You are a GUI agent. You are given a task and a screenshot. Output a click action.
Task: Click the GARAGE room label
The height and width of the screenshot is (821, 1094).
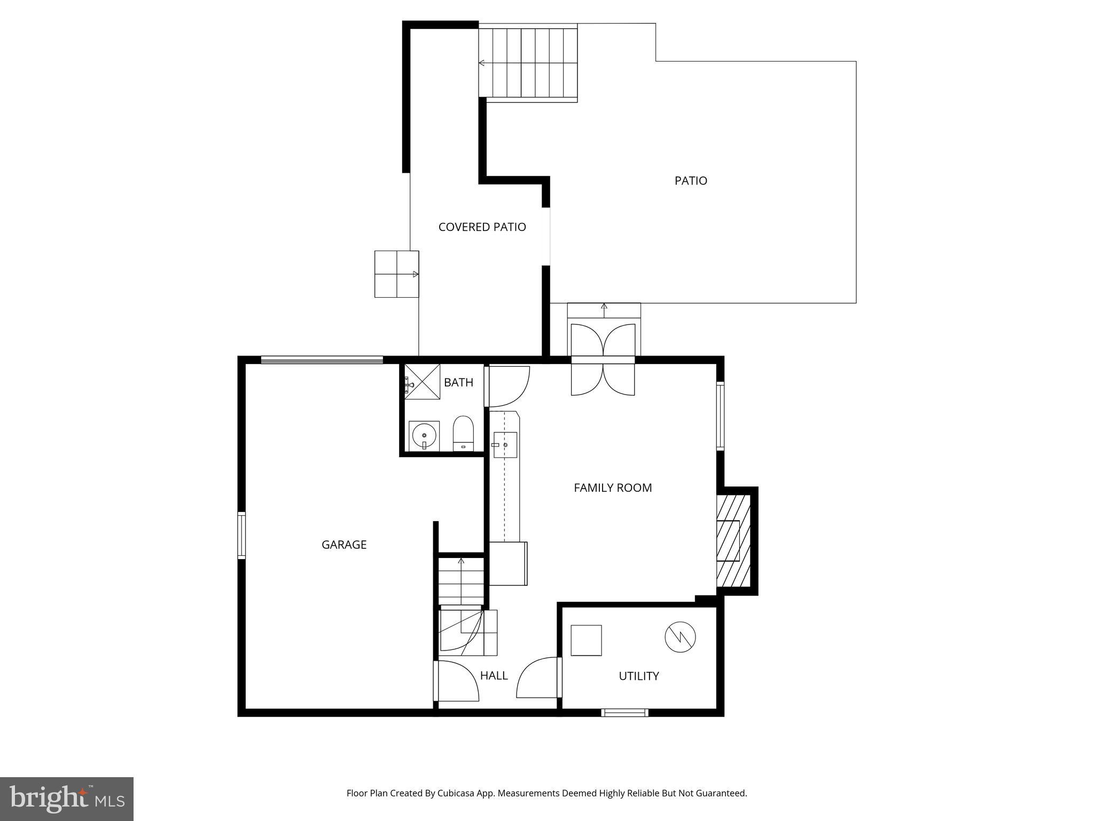point(344,545)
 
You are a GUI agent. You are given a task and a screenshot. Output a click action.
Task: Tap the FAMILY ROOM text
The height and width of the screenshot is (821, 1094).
point(613,487)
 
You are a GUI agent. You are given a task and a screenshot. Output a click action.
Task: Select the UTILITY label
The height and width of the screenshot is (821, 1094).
point(638,676)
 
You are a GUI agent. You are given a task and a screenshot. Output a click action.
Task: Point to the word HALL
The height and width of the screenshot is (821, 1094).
point(494,676)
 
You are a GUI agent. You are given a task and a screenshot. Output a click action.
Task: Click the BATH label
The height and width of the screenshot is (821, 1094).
point(458,383)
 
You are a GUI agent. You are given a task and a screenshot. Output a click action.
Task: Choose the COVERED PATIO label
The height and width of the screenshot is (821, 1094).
point(482,227)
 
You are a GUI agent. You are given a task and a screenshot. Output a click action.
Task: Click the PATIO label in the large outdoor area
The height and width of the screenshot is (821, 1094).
point(691,181)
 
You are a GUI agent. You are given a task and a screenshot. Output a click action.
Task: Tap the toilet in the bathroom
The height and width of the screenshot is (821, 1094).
point(464,433)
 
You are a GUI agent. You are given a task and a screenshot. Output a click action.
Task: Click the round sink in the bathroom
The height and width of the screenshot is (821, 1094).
point(424,436)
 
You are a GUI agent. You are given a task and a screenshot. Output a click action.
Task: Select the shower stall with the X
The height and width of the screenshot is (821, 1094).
point(422,381)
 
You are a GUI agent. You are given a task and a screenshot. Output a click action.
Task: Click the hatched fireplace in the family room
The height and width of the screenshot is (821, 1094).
point(733,541)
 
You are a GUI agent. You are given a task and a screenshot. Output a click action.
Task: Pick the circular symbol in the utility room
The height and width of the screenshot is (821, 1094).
point(680,637)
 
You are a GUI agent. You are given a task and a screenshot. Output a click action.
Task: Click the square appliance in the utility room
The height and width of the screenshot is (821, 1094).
point(586,640)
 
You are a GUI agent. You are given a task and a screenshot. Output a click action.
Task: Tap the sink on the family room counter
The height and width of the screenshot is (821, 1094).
point(504,445)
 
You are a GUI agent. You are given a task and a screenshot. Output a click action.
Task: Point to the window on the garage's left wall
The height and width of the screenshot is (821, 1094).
point(241,536)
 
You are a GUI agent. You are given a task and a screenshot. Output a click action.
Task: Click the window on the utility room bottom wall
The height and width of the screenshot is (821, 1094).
point(624,712)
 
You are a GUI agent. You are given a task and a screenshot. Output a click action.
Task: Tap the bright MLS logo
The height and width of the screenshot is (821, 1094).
point(67,799)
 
